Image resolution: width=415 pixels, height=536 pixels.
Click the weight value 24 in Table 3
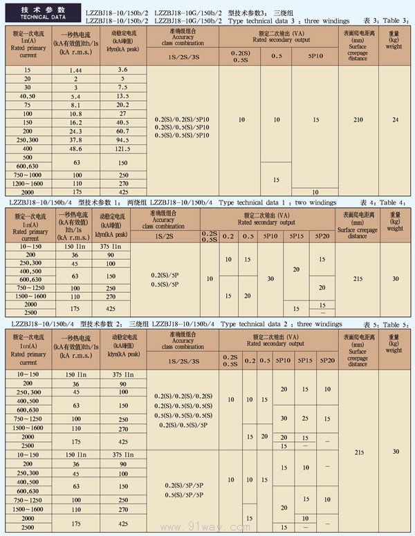[x=395, y=120]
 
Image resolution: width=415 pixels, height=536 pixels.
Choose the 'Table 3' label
[x=396, y=21]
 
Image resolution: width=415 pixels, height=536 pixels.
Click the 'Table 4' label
[x=396, y=202]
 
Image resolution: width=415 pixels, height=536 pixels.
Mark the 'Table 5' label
[x=396, y=324]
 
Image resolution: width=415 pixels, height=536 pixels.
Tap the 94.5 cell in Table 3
[x=123, y=140]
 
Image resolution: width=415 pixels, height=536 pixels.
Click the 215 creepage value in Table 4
[x=358, y=278]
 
